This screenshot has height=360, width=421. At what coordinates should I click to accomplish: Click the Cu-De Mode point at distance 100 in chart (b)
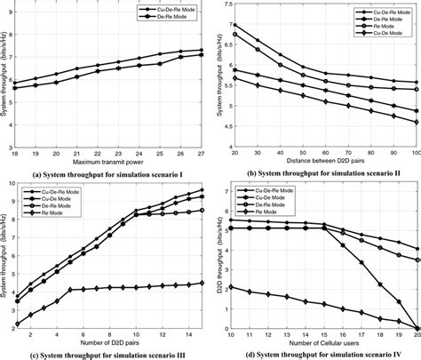417,122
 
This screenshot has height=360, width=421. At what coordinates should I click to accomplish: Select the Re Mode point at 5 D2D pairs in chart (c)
70,290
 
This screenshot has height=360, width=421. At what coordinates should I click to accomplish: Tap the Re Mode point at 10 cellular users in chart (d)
232,287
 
